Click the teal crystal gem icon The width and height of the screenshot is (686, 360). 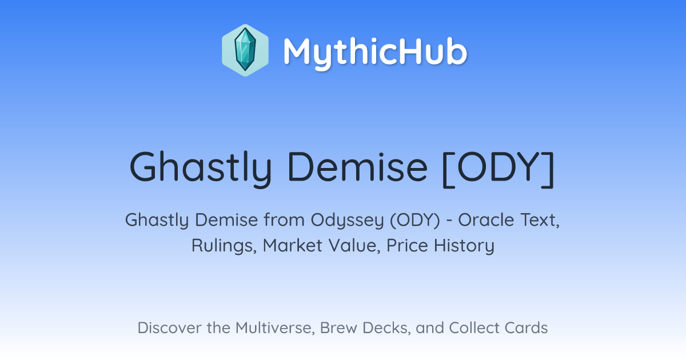coord(245,50)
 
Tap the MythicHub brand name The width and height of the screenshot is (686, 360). coord(375,53)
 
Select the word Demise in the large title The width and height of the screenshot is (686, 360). coord(357,167)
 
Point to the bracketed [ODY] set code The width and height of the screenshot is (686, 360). coord(498,169)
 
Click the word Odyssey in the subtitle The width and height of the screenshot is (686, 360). coord(348,221)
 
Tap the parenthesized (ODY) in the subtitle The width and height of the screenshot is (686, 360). coord(415,221)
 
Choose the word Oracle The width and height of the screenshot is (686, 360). coord(486,220)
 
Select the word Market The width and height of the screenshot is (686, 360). coord(293,245)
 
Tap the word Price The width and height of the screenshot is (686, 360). coord(407,246)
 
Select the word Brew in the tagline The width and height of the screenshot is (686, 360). coord(338,328)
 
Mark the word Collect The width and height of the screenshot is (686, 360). coord(474,328)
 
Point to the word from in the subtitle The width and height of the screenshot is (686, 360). coord(284,220)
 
